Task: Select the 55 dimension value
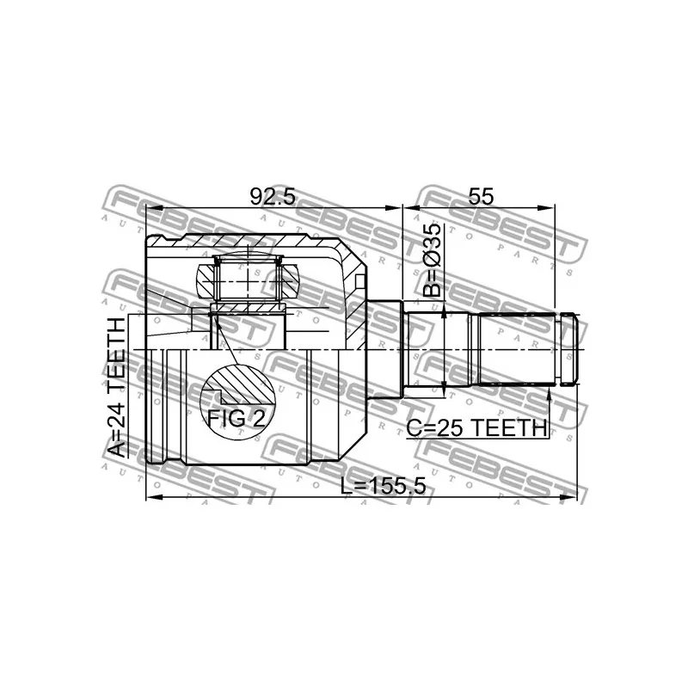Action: click(x=481, y=196)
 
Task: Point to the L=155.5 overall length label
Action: click(x=383, y=485)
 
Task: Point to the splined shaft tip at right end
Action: click(x=570, y=349)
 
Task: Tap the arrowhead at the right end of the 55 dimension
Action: click(x=550, y=207)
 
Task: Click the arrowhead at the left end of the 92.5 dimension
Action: click(x=152, y=207)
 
